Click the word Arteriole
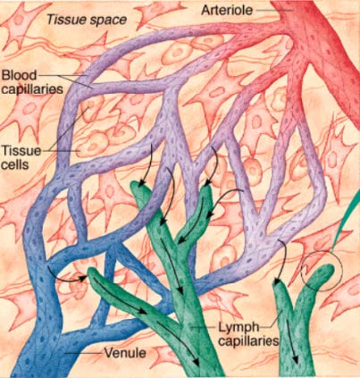tap(227, 10)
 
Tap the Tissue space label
tap(87, 20)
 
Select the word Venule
tap(125, 353)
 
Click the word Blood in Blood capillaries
tap(19, 75)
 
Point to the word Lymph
tap(239, 327)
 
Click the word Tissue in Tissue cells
tap(21, 151)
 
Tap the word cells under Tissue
tap(15, 164)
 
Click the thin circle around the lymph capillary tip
tap(301, 272)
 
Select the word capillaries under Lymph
tap(247, 340)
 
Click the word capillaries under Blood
tap(32, 89)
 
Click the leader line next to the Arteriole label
tap(272, 10)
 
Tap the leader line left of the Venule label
tap(83, 353)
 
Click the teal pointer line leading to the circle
tap(347, 223)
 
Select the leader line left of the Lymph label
tap(204, 327)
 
